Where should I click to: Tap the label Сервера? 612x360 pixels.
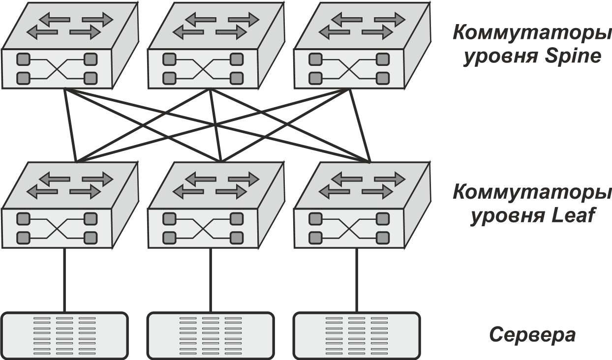(x=532, y=335)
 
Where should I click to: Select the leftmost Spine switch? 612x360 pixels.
(x=64, y=47)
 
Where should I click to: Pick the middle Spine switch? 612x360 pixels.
(x=210, y=47)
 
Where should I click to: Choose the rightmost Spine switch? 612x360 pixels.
(x=356, y=47)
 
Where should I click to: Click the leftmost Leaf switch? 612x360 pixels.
(x=64, y=207)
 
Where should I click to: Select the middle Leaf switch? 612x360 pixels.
(x=210, y=207)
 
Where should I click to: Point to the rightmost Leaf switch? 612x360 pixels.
(x=356, y=207)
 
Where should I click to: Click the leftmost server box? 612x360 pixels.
(x=65, y=335)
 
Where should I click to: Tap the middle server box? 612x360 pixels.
(x=211, y=335)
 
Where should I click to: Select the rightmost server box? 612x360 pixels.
(x=356, y=335)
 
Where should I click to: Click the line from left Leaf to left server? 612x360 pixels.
(x=64, y=280)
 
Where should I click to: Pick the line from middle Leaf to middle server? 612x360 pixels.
(x=211, y=280)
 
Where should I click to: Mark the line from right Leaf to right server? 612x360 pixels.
(x=356, y=280)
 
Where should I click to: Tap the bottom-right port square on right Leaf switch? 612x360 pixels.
(x=382, y=238)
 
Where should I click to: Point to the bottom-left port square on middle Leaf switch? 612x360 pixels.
(x=169, y=238)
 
